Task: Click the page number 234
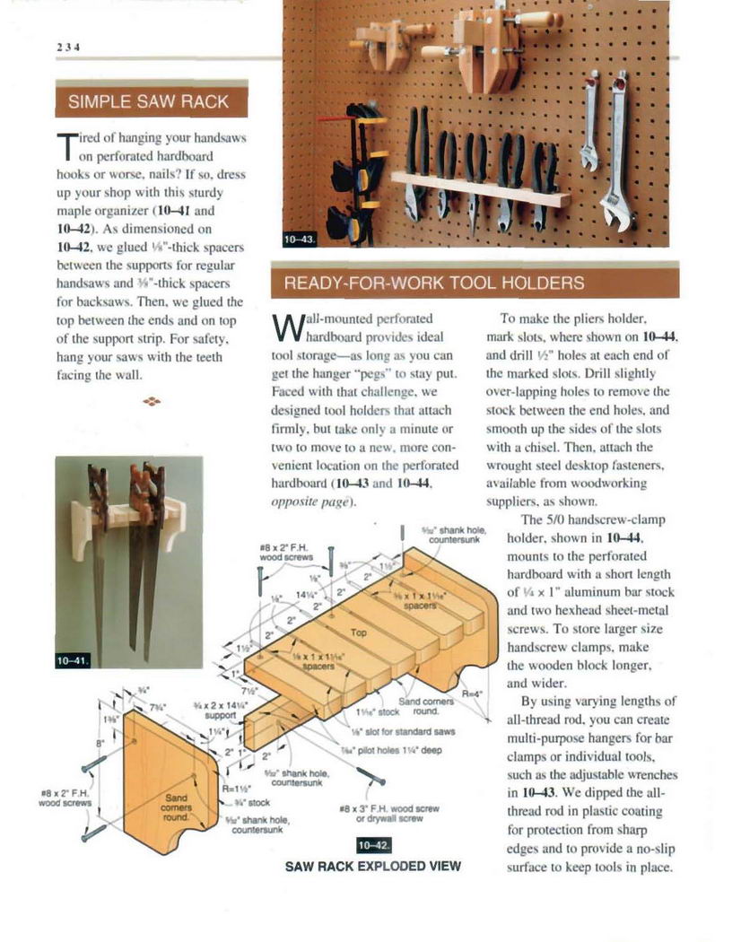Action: [x=68, y=48]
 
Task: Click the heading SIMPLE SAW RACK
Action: [x=149, y=101]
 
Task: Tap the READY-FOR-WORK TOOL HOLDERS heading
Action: [x=433, y=283]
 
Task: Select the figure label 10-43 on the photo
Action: [x=299, y=239]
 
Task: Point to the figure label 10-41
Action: [x=73, y=660]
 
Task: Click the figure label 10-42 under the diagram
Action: [x=373, y=845]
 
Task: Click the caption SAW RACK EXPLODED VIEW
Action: [x=372, y=866]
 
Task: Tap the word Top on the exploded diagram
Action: [x=358, y=632]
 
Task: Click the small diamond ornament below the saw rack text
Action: [x=152, y=401]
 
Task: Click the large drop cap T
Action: [x=65, y=147]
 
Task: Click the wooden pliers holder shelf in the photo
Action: [x=480, y=188]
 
